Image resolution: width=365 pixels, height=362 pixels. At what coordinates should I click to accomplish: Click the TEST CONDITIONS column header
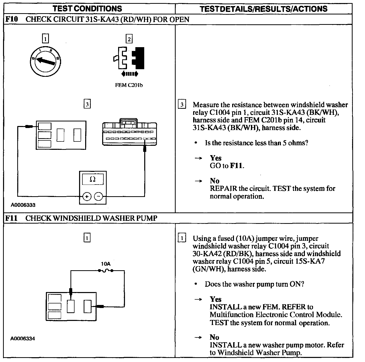(87, 8)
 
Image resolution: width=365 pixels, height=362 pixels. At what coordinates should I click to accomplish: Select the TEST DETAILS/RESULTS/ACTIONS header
(263, 9)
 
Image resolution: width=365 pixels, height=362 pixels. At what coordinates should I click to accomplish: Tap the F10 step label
(11, 19)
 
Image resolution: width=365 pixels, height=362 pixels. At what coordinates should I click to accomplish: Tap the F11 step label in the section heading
(11, 218)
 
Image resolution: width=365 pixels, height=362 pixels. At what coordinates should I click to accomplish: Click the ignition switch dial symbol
(45, 61)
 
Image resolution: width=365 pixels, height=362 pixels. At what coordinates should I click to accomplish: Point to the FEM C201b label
(129, 85)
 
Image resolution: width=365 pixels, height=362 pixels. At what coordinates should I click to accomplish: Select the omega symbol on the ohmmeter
(93, 179)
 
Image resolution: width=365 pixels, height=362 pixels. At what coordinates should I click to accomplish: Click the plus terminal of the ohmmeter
(87, 196)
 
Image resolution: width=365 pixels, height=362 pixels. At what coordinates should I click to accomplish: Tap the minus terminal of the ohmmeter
(99, 196)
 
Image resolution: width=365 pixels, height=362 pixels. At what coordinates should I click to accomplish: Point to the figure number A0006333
(23, 205)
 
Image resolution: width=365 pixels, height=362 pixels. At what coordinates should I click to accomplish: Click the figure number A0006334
(23, 339)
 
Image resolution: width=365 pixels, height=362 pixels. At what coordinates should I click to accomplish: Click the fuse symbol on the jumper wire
(106, 271)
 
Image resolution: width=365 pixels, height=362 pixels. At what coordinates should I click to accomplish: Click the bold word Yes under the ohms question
(215, 158)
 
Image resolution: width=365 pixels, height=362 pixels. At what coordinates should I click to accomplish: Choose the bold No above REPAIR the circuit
(214, 181)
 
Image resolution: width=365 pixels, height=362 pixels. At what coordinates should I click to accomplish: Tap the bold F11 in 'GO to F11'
(236, 166)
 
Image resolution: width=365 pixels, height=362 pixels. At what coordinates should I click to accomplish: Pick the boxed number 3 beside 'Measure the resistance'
(182, 105)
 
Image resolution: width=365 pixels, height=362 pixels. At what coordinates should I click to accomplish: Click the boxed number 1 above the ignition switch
(45, 39)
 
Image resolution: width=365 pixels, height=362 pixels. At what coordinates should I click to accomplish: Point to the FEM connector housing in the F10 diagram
(129, 134)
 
